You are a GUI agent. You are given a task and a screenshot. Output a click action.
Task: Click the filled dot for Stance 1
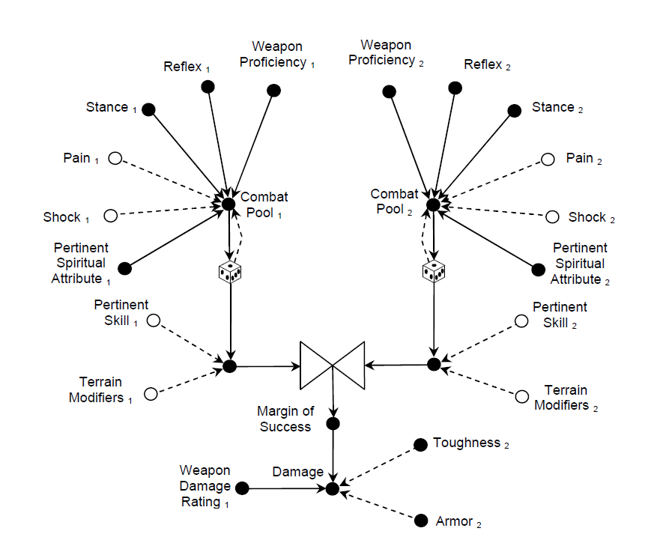(148, 109)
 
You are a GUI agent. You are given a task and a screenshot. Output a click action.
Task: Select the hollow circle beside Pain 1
(115, 158)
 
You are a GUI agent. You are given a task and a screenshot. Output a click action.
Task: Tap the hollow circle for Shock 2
(552, 217)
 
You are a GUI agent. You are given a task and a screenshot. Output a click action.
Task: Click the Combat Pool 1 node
(228, 203)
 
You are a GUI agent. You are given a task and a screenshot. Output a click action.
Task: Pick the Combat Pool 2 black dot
(433, 204)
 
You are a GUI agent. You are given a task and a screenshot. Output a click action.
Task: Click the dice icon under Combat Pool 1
(230, 273)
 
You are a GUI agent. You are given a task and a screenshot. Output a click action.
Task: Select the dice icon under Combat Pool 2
(433, 273)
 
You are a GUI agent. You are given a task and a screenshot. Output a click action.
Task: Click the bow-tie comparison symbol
(332, 366)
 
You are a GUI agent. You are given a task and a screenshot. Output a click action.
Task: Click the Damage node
(333, 489)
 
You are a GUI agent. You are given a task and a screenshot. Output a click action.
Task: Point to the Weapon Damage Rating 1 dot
(242, 488)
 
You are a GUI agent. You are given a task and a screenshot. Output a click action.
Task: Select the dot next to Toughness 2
(420, 444)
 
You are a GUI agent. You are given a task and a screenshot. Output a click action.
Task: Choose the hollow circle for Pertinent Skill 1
(154, 321)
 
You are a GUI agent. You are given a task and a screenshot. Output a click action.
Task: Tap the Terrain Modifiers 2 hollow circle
(521, 396)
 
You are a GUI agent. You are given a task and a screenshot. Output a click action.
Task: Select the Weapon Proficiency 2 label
(386, 52)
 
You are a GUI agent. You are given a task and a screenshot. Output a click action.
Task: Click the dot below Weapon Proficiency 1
(274, 91)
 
